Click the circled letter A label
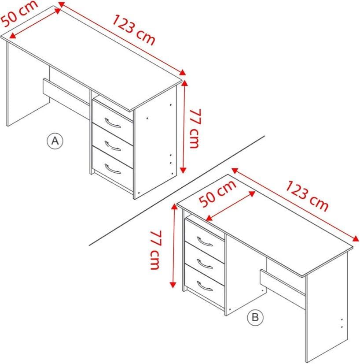point(55,141)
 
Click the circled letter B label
point(255,317)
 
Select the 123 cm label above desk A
point(134,30)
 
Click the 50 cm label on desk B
point(217,194)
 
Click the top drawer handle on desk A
point(112,123)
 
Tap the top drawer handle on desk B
point(205,241)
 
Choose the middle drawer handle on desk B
point(205,264)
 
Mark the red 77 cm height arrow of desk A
point(184,128)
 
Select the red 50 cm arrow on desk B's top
point(231,205)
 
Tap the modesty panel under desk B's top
point(282,282)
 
